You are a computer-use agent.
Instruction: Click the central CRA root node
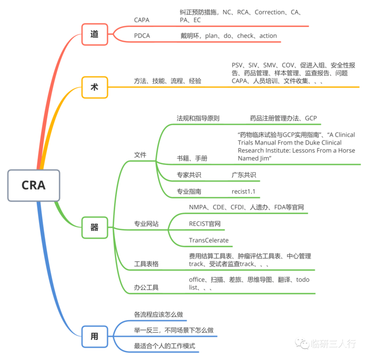click(33, 185)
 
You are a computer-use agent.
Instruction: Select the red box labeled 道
click(94, 34)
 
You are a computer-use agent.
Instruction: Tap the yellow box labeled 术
click(94, 87)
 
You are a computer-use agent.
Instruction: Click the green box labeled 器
click(94, 227)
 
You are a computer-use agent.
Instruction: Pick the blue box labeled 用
click(94, 336)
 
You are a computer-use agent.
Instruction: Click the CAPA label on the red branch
click(142, 20)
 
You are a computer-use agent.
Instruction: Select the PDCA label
click(142, 36)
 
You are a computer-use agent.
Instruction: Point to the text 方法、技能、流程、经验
click(167, 81)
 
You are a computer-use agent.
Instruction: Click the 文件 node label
click(140, 155)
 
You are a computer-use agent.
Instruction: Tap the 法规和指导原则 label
click(198, 118)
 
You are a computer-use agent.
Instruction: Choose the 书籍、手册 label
click(192, 158)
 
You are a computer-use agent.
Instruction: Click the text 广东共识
click(244, 175)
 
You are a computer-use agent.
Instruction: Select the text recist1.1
click(243, 191)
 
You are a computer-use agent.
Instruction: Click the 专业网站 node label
click(146, 224)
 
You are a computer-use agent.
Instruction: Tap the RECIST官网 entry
click(205, 224)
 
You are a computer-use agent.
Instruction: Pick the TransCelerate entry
click(209, 240)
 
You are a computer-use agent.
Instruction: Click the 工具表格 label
click(146, 264)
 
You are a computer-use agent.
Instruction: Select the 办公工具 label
click(146, 287)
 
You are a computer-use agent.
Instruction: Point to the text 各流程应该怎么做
click(158, 314)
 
